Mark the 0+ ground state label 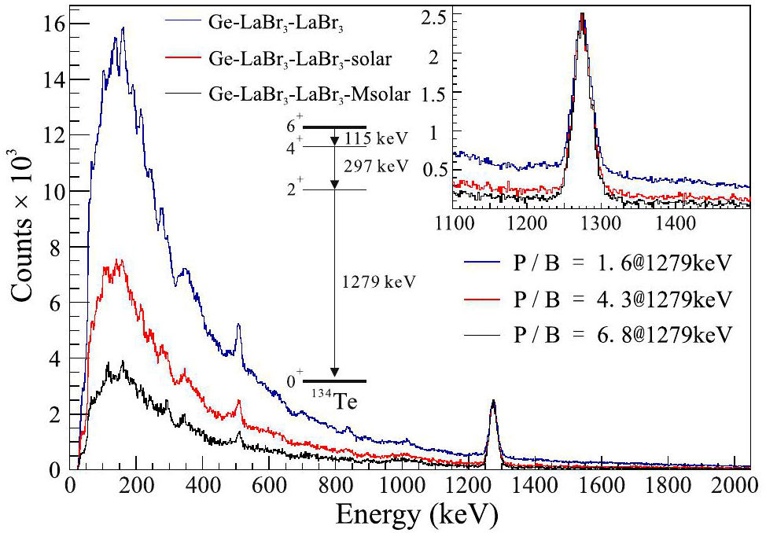pos(294,382)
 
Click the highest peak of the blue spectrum pos(123,29)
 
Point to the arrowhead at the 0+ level pos(335,372)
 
